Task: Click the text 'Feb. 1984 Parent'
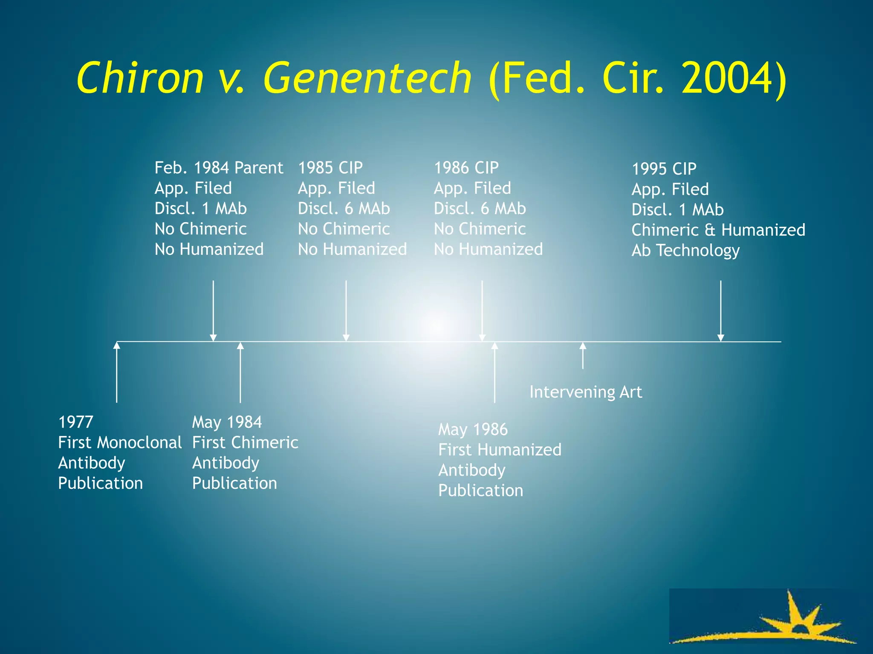[219, 168]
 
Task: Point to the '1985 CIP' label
[330, 168]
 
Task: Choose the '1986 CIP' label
[466, 168]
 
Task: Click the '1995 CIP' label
[664, 169]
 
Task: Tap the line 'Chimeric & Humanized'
[718, 230]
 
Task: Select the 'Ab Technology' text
[685, 250]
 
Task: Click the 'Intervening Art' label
[586, 392]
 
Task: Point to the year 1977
[76, 422]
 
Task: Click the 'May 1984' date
[227, 422]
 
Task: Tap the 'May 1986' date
[473, 429]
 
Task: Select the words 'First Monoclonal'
[120, 442]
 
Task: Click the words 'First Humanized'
[500, 450]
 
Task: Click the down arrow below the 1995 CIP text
[721, 311]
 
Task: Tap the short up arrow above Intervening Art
[583, 356]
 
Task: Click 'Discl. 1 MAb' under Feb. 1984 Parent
[201, 209]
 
